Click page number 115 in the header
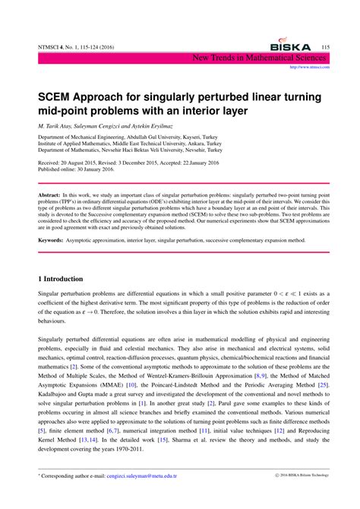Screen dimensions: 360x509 [x=325, y=47]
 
